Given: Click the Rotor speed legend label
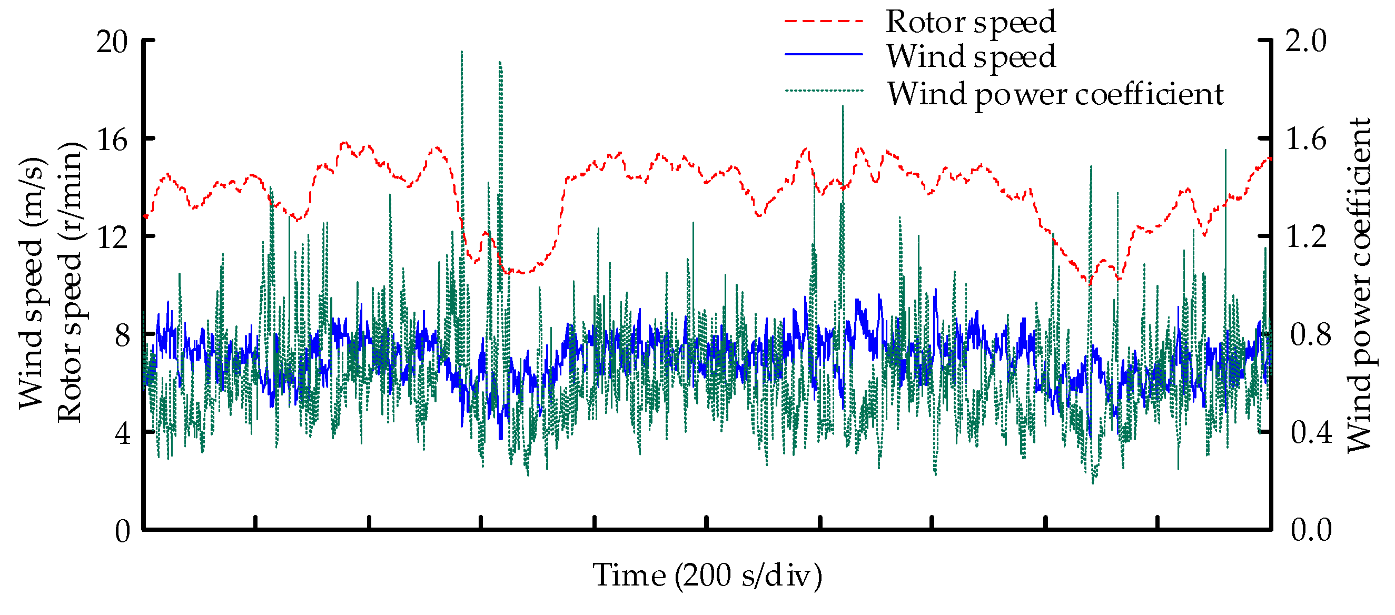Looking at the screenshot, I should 970,23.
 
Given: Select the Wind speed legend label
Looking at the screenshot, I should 971,57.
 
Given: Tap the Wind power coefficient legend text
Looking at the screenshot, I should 1055,95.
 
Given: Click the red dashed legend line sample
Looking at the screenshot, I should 823,21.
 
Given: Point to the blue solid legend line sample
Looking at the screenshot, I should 823,55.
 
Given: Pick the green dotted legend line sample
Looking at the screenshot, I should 823,91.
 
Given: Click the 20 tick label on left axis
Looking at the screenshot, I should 112,41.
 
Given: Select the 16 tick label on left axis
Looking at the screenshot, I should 112,140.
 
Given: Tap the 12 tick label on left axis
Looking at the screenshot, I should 112,237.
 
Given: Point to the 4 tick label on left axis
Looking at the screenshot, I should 122,433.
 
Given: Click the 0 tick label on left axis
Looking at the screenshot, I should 122,531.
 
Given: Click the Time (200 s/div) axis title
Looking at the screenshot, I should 707,575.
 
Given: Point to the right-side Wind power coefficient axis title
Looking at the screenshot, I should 1359,285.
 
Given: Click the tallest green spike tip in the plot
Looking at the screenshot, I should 461,53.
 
